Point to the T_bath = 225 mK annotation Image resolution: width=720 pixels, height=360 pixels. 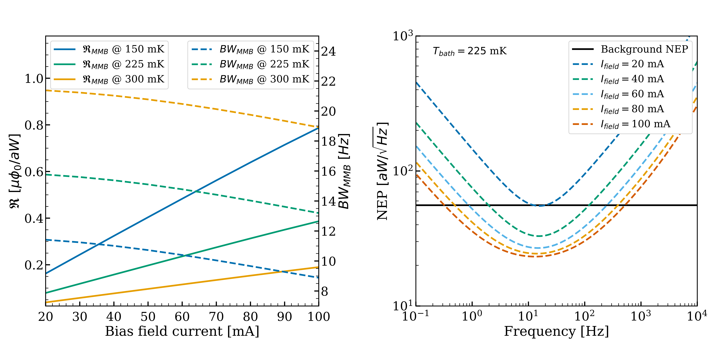coord(470,51)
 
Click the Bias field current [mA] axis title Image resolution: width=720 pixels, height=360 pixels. coord(182,332)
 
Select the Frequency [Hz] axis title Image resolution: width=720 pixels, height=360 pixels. coord(556,332)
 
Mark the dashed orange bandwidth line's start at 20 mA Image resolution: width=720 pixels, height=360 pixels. coord(46,90)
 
